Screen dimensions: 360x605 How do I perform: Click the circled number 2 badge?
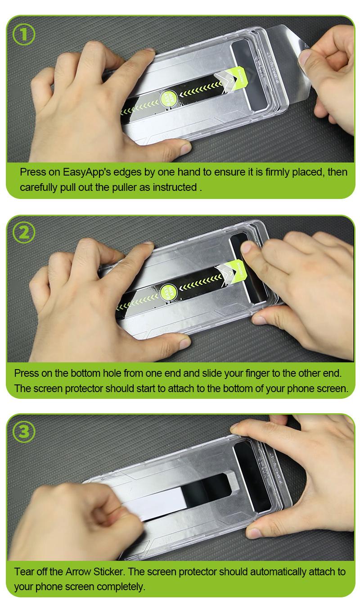[24, 233]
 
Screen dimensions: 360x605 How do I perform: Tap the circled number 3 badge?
[24, 431]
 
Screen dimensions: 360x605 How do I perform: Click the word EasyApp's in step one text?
[87, 172]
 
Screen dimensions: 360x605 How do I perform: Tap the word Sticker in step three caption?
[108, 572]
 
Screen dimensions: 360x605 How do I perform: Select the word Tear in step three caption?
[24, 572]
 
